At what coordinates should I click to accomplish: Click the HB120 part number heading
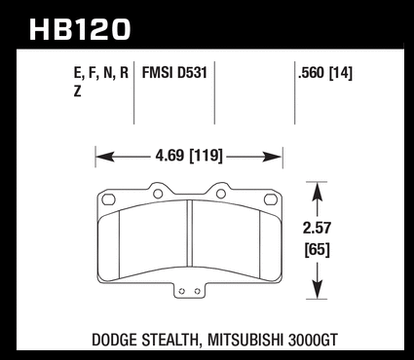pos(80,30)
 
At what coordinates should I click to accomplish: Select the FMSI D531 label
pos(174,73)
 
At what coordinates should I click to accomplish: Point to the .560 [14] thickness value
pos(325,73)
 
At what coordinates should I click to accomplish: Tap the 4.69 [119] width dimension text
pos(189,156)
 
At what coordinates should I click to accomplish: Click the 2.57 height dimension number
pos(317,228)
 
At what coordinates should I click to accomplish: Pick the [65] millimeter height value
pos(317,250)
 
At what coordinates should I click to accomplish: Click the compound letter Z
pos(77,91)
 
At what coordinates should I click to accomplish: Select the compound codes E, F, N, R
pos(101,73)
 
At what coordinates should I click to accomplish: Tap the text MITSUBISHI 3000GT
pos(273,340)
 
